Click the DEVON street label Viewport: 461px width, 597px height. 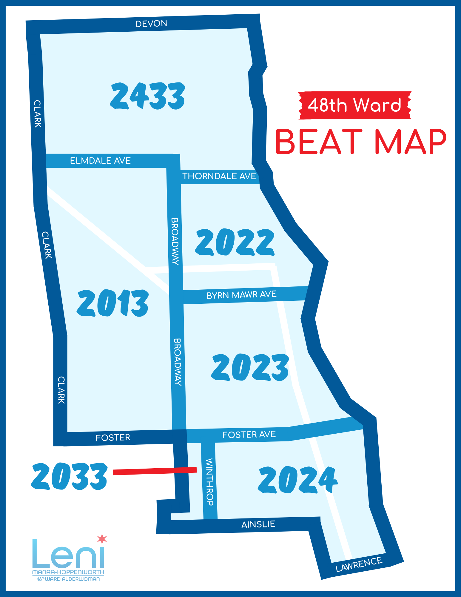click(151, 24)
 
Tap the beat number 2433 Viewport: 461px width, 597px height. click(148, 96)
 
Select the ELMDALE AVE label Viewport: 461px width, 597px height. click(100, 161)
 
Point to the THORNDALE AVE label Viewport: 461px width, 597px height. click(219, 176)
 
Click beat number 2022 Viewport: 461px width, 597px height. click(235, 242)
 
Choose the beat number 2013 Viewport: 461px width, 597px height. click(113, 303)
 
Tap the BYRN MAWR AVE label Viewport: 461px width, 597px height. click(241, 295)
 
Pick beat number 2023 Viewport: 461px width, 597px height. click(250, 367)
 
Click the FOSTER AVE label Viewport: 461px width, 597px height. click(249, 435)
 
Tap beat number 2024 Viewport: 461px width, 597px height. click(297, 480)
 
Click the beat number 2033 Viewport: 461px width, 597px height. click(69, 476)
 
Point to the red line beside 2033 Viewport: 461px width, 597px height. click(155, 471)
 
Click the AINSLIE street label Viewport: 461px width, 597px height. click(258, 524)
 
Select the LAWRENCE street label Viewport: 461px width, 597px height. click(359, 564)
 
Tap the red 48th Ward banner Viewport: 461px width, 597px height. click(355, 105)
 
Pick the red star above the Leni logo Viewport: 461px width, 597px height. click(102, 538)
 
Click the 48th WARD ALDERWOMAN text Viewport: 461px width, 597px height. click(68, 579)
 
